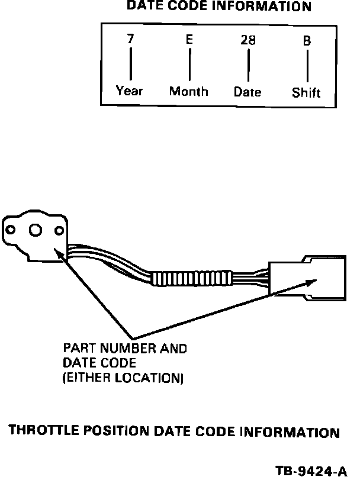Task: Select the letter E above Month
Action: coord(189,40)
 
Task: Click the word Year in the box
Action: coord(130,91)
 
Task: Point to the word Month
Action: coord(189,91)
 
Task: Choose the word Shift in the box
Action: coord(306,93)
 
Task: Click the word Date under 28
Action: coord(247,92)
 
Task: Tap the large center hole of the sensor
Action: coord(35,230)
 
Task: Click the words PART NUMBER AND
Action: coord(125,349)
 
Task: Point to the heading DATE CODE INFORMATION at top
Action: coord(219,7)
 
